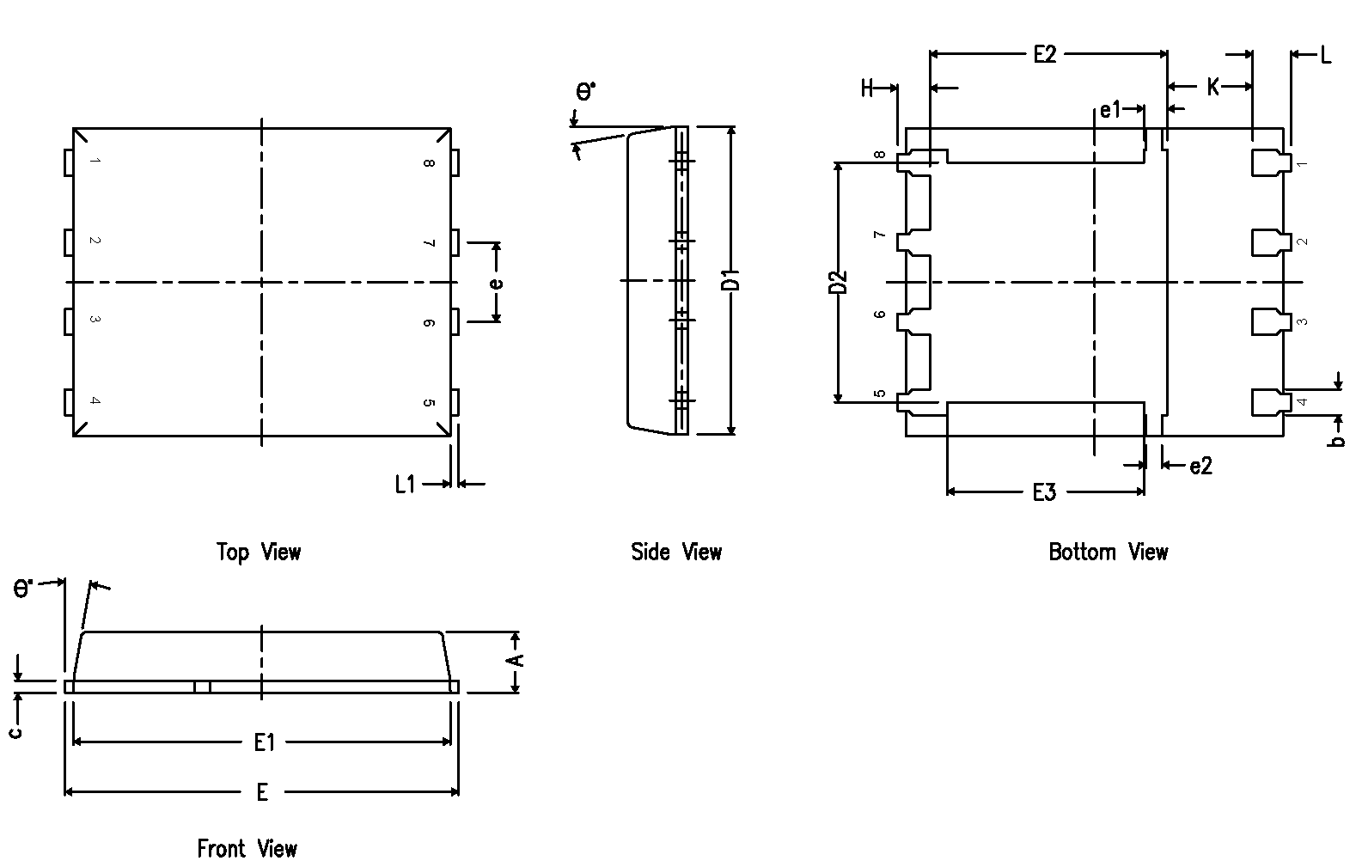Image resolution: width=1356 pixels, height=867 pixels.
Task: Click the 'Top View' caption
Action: coord(259,552)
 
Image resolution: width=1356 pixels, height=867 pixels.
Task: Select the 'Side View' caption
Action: coord(676,552)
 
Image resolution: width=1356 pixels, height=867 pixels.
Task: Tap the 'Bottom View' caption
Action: coord(1108,552)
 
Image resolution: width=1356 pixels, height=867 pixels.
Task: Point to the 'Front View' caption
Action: coord(247,849)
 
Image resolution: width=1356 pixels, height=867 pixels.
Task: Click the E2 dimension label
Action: coord(1044,55)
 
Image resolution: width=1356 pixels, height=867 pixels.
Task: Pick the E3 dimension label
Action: coord(1043,493)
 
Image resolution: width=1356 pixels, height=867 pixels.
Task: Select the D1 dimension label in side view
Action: coord(731,280)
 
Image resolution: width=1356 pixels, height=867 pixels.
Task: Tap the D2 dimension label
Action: coord(839,282)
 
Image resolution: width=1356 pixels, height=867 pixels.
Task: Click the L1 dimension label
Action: coord(405,485)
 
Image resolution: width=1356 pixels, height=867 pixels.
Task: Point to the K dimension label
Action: coord(1212,87)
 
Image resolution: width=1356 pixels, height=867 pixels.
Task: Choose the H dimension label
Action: coord(867,88)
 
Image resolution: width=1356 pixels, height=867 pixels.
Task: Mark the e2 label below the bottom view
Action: coord(1200,466)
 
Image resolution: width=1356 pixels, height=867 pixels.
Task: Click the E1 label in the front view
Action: coord(264,742)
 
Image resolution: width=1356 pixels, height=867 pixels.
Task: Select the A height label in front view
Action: coord(515,659)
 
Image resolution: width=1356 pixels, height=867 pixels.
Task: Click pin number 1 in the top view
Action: coord(95,161)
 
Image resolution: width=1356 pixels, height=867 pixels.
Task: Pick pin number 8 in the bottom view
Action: coord(879,156)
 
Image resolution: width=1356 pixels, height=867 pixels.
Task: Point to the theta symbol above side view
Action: coord(585,91)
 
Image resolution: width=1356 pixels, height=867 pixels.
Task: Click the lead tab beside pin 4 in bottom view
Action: coord(1268,401)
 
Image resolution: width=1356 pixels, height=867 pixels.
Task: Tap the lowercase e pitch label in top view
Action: coord(497,283)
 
